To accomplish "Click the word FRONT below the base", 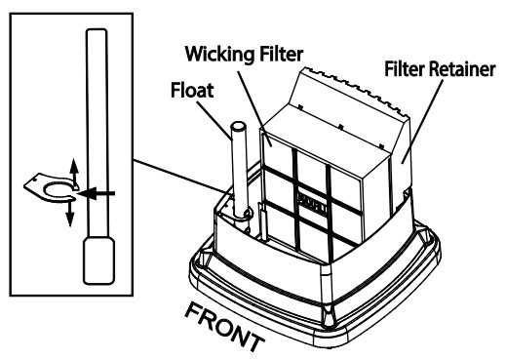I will tap(226, 325).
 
